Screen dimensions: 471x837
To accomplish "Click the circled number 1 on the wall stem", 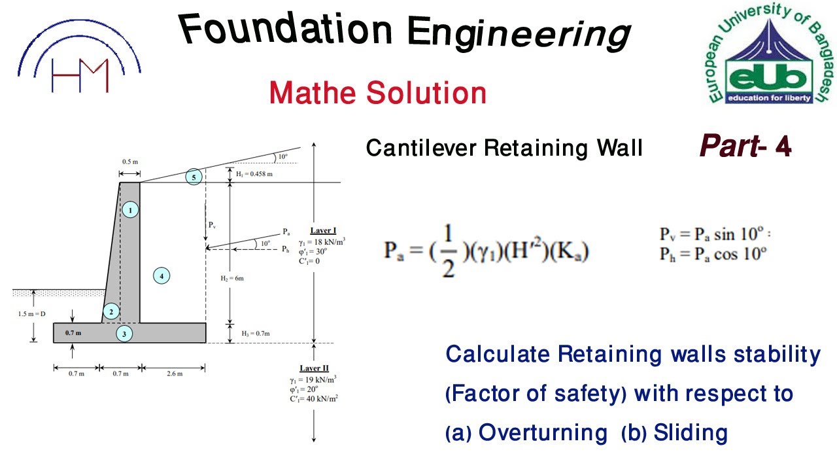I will tap(131, 210).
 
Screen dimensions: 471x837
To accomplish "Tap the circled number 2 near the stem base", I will tap(111, 311).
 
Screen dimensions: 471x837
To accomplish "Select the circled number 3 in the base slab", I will tap(124, 334).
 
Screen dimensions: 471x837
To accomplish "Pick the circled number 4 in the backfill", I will tap(162, 276).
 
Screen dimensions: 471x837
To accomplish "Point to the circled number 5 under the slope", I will tap(194, 177).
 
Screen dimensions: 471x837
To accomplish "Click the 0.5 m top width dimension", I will tap(130, 161).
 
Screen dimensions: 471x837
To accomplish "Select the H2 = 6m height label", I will tap(232, 278).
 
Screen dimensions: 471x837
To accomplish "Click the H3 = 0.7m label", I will tap(255, 334).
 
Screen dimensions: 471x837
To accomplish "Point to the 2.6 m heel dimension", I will tap(175, 374).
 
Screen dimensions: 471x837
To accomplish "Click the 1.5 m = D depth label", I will tap(32, 314).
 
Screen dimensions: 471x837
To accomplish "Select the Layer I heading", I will tap(323, 231).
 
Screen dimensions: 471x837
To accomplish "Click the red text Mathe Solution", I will tap(378, 93).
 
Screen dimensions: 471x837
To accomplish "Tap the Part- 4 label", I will tap(745, 147).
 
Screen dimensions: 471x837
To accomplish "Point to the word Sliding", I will tap(691, 432).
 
